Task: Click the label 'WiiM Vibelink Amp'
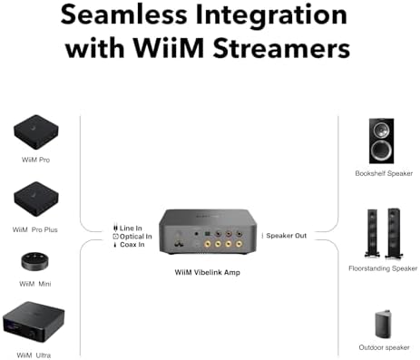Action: point(210,272)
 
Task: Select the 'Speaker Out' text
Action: point(286,236)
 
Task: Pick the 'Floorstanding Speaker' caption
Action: point(383,268)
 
